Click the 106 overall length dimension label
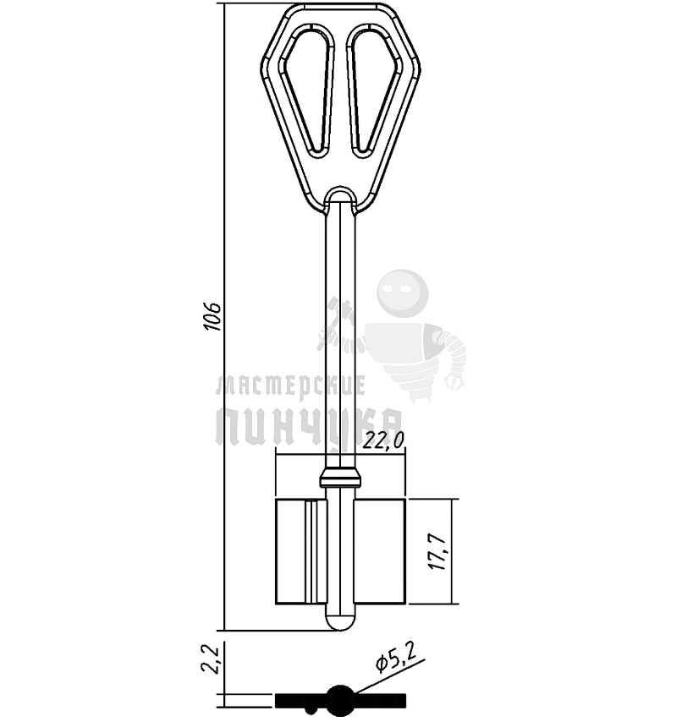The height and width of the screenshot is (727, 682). [x=213, y=316]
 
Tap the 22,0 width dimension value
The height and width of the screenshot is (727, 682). [x=383, y=440]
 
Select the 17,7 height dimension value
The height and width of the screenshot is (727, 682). [x=438, y=552]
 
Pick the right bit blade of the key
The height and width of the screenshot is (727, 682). [x=380, y=552]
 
